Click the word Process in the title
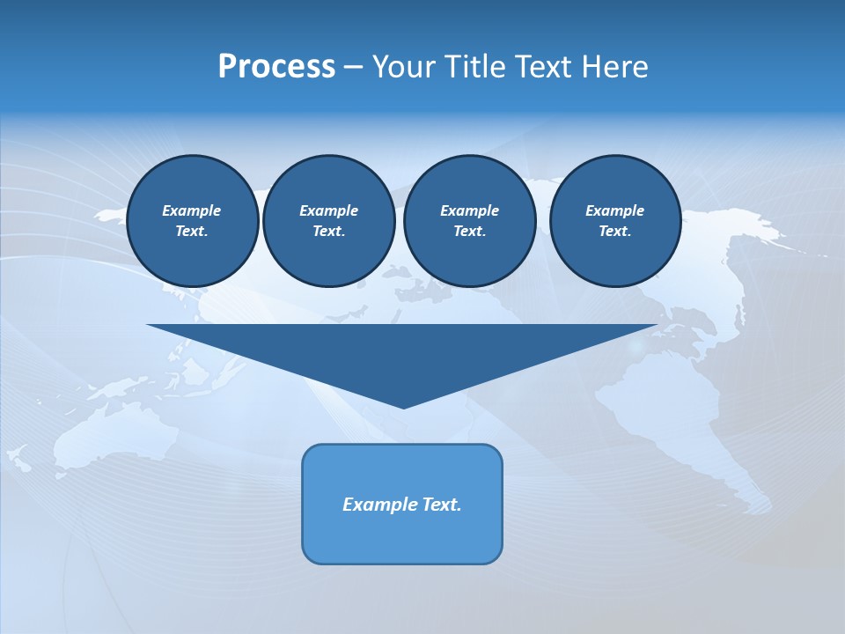(x=276, y=67)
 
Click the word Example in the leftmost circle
(x=192, y=210)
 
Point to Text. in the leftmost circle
(x=192, y=231)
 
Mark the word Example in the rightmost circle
(x=614, y=210)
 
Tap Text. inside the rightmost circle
(x=614, y=231)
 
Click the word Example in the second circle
(x=328, y=210)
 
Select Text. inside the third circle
(x=469, y=231)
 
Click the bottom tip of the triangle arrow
(x=403, y=406)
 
